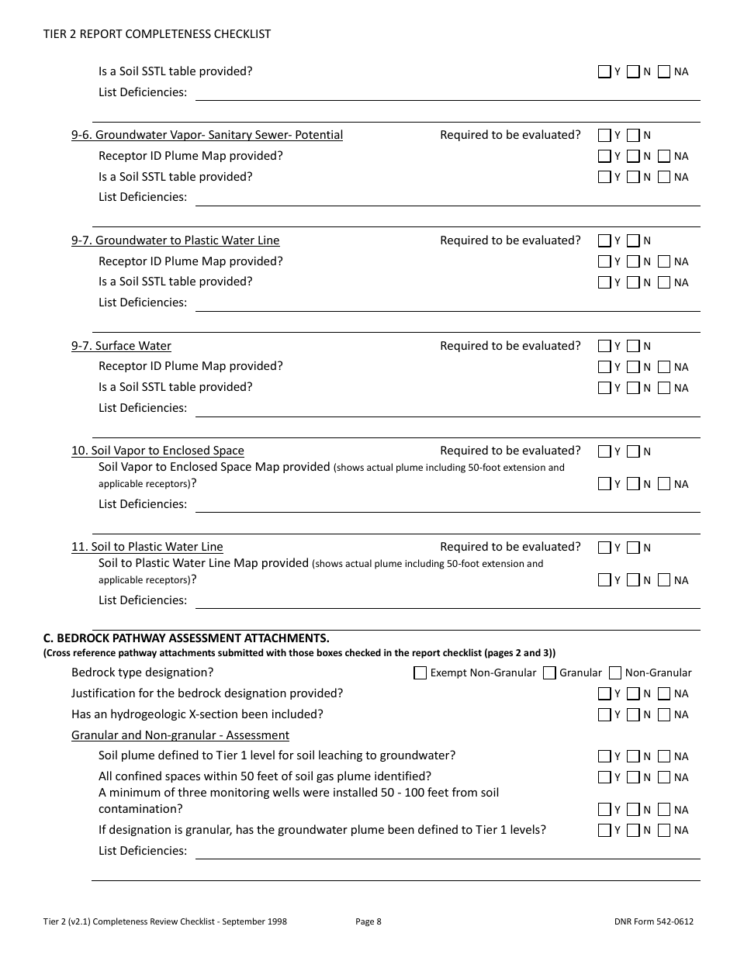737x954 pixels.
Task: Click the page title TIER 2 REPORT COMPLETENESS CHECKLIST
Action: coord(157,34)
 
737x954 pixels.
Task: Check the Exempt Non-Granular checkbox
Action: coord(420,672)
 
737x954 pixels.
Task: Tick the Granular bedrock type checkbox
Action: coord(549,672)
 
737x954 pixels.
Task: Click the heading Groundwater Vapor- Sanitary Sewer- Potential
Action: coord(207,135)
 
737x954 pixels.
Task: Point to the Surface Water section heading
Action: coord(121,346)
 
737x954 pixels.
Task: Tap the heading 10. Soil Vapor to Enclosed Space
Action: coord(157,451)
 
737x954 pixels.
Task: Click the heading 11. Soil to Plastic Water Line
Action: coord(147,547)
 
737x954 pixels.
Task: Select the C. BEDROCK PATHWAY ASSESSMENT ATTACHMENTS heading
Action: coord(186,638)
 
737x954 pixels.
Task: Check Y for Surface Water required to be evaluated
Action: coord(604,346)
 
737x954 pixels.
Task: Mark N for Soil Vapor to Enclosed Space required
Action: coord(633,451)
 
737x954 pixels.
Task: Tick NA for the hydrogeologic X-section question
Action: coord(664,714)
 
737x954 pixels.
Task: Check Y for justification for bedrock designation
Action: coord(604,693)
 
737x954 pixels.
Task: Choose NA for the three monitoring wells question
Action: coord(664,809)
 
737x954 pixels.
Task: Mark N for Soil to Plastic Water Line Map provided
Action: coord(633,579)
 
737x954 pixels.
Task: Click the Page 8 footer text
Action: coord(368,921)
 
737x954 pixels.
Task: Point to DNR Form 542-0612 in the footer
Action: coord(653,921)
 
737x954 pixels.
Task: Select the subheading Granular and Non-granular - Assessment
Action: coord(180,735)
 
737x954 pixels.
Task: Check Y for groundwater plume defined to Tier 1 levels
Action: coord(604,830)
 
